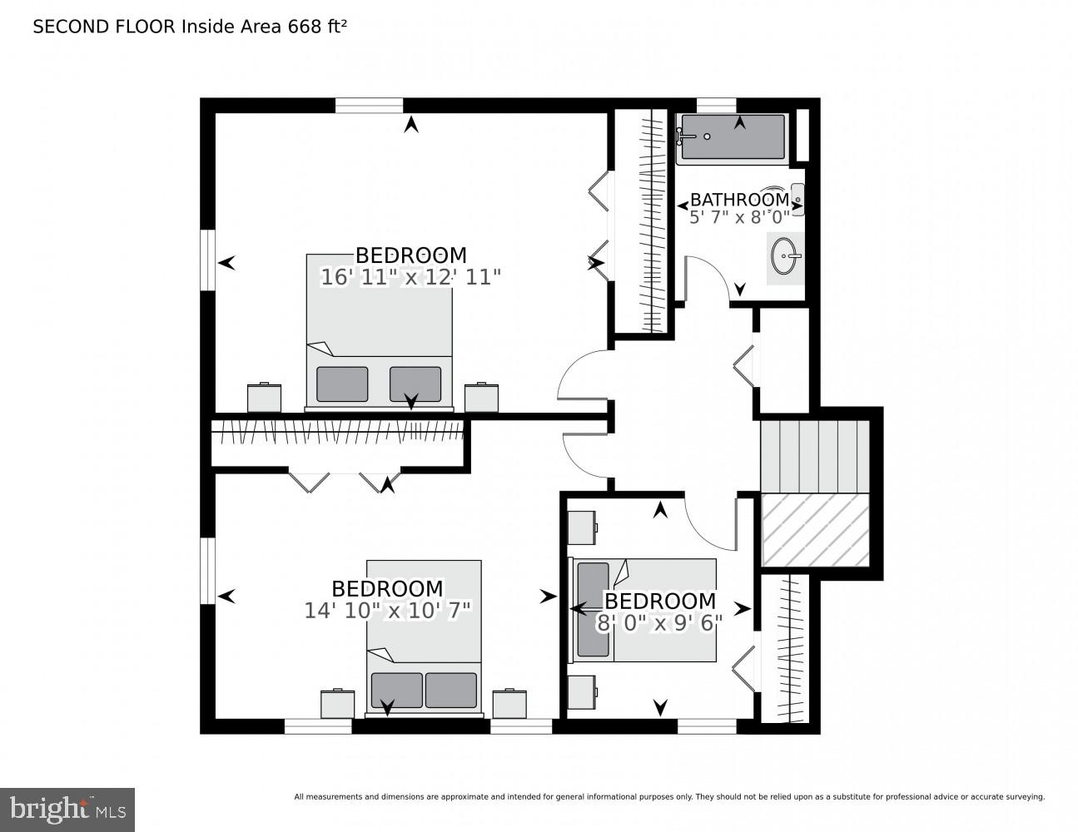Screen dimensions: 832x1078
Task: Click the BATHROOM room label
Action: coord(739,200)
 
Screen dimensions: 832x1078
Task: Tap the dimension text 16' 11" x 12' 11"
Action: coord(410,277)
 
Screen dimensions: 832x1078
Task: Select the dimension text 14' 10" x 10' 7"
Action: coord(388,611)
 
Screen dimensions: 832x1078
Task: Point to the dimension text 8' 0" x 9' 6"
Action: coord(659,622)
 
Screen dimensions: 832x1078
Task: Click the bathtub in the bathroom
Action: coord(732,137)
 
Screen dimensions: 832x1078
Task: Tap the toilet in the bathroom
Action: coord(797,200)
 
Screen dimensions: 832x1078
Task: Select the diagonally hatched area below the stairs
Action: coord(815,529)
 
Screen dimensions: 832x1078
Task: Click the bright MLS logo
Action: coord(67,809)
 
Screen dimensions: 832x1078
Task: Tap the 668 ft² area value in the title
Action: coord(317,27)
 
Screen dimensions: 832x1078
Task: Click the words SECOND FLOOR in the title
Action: coord(104,27)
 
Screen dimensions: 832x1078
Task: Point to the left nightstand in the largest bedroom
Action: coord(265,398)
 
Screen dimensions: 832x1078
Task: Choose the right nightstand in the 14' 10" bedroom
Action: coord(509,703)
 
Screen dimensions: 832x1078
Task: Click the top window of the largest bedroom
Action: coord(369,106)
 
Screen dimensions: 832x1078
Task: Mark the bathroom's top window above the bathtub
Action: coord(716,105)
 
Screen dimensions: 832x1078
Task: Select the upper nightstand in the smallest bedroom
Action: coord(582,527)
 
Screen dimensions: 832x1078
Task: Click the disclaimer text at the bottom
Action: coord(668,797)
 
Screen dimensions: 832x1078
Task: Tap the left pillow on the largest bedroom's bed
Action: coord(342,384)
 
